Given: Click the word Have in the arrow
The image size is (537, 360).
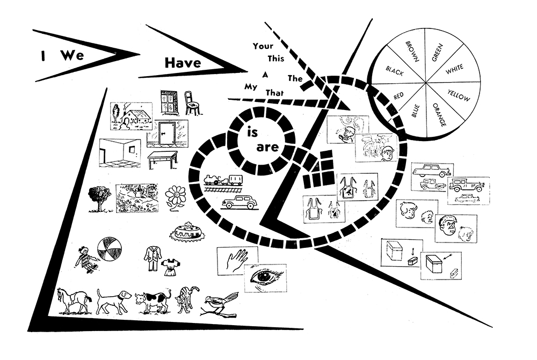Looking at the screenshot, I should coord(183,63).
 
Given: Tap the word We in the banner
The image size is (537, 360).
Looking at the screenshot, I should coord(69,55).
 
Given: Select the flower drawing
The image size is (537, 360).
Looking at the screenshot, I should coord(175,197).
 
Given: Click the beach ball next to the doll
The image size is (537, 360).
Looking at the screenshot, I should coord(109,250).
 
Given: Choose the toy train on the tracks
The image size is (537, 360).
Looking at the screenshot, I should coord(222,180).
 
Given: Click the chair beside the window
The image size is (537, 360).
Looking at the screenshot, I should coord(192,102).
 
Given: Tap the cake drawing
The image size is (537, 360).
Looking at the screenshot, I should coord(188,232).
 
